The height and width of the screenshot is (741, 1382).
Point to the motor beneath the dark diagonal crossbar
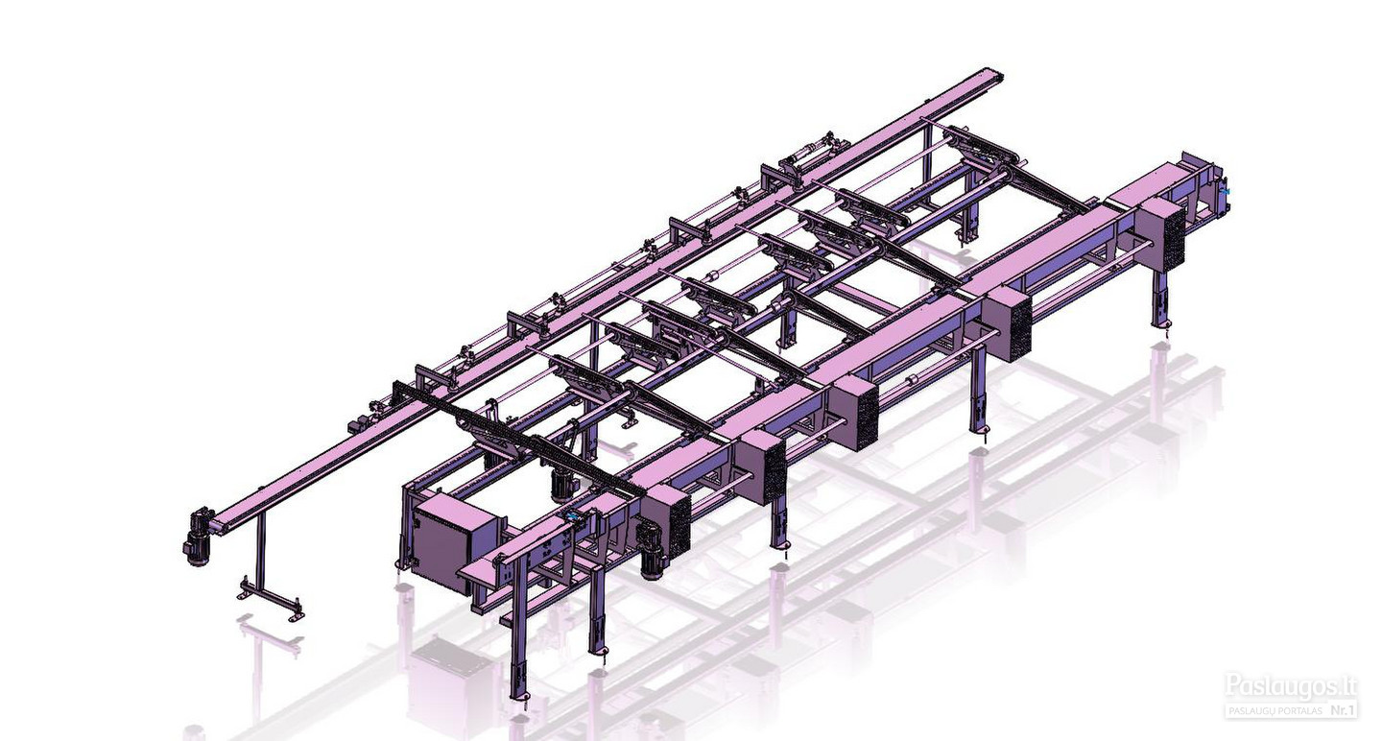point(562,479)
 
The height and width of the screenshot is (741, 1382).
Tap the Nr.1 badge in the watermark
point(1342,710)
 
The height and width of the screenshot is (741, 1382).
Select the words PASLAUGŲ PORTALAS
point(1274,711)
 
